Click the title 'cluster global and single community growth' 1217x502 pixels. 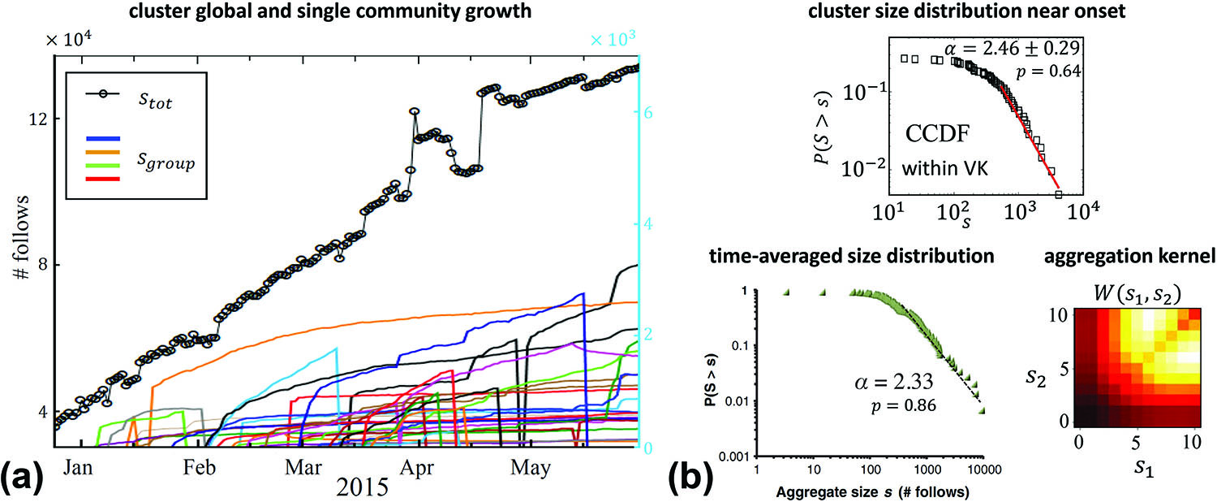point(323,11)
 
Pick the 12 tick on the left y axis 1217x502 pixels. point(37,119)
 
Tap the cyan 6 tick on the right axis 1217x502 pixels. point(646,114)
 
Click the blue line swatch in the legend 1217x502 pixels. point(103,138)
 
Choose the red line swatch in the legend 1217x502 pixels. point(103,179)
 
